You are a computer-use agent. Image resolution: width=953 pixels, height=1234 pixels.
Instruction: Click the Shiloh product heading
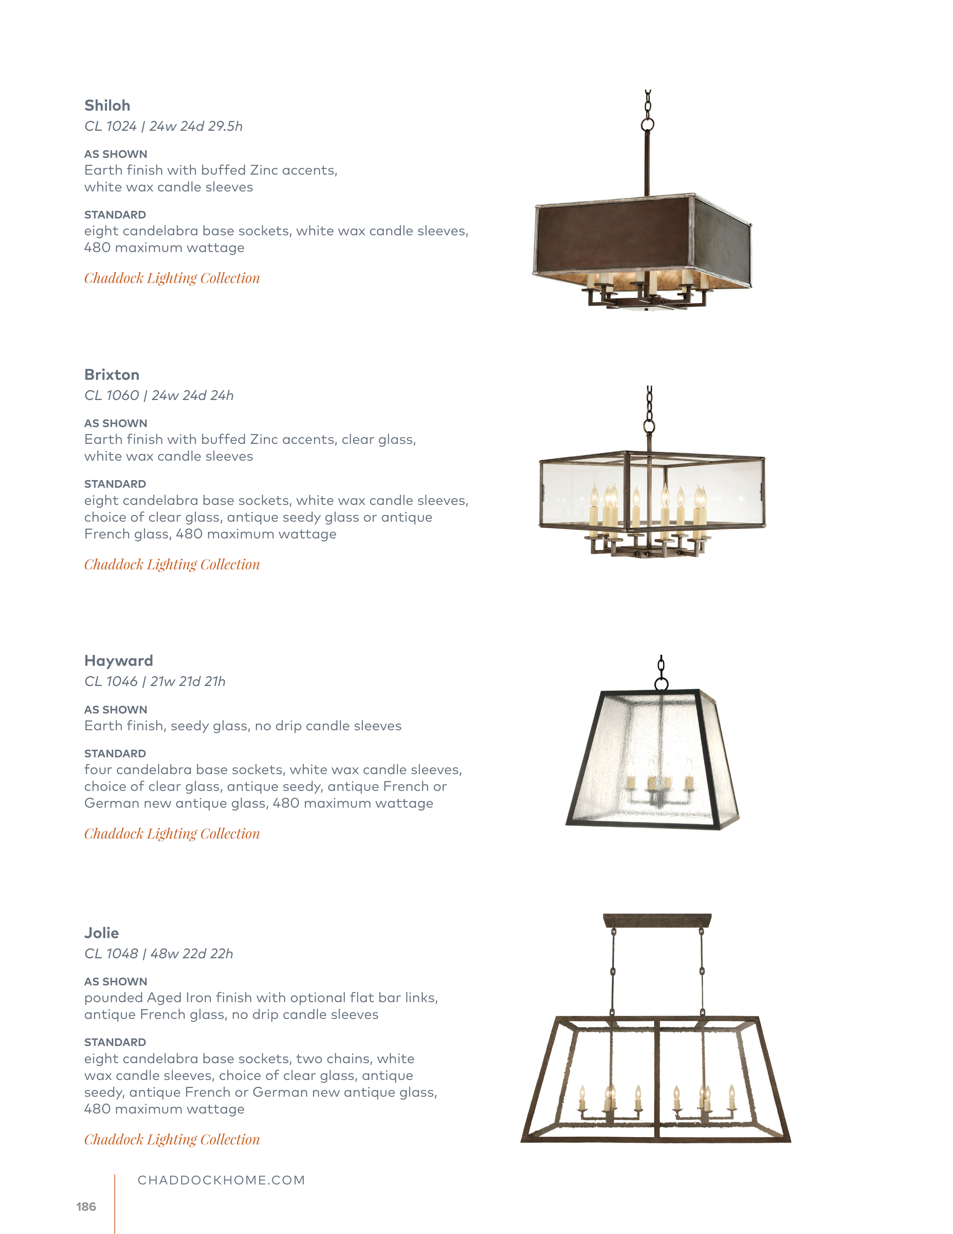coord(107,106)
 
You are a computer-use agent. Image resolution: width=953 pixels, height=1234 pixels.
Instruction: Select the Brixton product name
coord(112,374)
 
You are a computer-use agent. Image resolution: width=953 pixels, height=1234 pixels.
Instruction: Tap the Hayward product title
coord(119,660)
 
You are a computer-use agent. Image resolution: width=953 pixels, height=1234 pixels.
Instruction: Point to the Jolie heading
coord(102,933)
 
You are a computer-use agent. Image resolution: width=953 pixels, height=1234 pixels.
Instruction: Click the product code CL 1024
coord(111,126)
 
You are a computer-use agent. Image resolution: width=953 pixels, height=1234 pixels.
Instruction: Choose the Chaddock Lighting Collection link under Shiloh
coord(172,278)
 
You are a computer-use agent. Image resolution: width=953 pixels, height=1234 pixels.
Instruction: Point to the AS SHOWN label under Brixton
coord(116,423)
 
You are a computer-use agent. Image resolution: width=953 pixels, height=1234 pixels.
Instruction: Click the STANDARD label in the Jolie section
coord(115,1042)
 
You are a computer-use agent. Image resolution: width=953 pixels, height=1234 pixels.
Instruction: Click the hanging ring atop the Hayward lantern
coord(661,685)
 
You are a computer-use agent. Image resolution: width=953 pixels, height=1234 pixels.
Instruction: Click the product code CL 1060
coord(112,395)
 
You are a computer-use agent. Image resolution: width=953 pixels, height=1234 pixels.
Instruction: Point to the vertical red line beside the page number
coord(115,1203)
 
